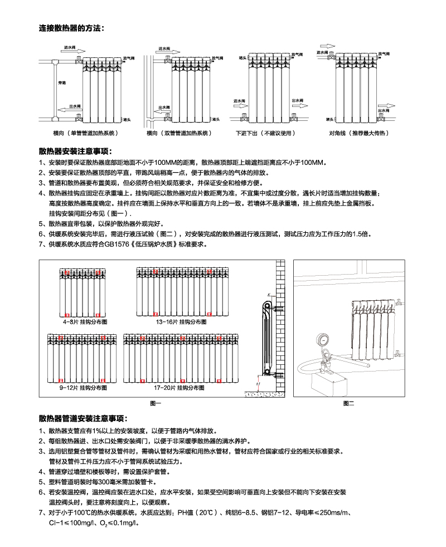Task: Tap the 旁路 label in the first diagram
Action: [62, 82]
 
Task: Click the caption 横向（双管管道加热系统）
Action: [180, 134]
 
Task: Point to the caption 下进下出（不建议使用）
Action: [264, 134]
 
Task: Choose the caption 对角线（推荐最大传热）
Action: [358, 134]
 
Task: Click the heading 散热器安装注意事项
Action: [76, 152]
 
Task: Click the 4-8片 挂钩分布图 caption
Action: [84, 322]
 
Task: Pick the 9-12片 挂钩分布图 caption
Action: [83, 387]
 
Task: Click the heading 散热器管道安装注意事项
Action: [83, 418]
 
